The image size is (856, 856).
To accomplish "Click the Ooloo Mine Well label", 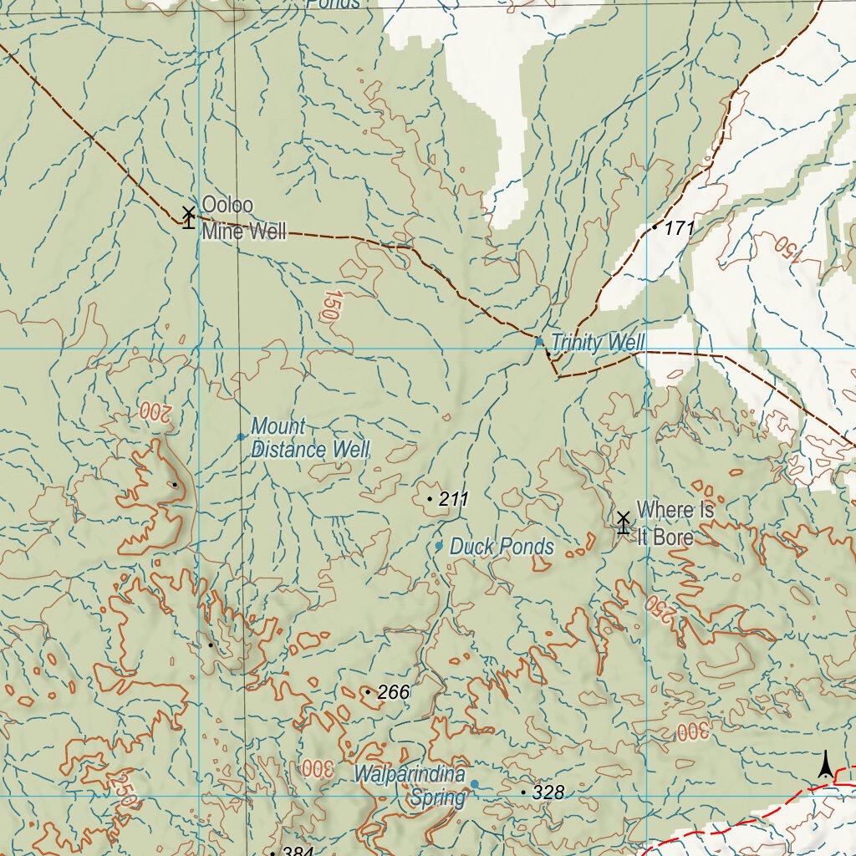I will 243,218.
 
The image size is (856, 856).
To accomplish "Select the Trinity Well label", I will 598,343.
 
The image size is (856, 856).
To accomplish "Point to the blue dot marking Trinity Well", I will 539,341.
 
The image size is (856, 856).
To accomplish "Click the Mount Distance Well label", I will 309,438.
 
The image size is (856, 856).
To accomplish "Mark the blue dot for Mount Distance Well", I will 242,436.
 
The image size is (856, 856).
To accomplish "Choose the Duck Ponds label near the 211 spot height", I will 502,547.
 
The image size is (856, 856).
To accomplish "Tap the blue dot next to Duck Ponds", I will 439,546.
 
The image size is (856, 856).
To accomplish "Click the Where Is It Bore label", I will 675,522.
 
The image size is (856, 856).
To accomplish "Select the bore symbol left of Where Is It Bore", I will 623,522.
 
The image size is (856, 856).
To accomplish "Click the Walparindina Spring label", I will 410,786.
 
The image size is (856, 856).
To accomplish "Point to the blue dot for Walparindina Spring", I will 474,784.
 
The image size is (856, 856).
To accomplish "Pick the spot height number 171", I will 680,227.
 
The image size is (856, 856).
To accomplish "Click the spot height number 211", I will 453,500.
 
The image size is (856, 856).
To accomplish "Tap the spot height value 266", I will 394,692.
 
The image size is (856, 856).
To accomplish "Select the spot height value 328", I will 548,792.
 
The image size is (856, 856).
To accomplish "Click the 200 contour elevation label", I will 155,410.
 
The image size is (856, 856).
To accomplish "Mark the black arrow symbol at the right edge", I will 826,764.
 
